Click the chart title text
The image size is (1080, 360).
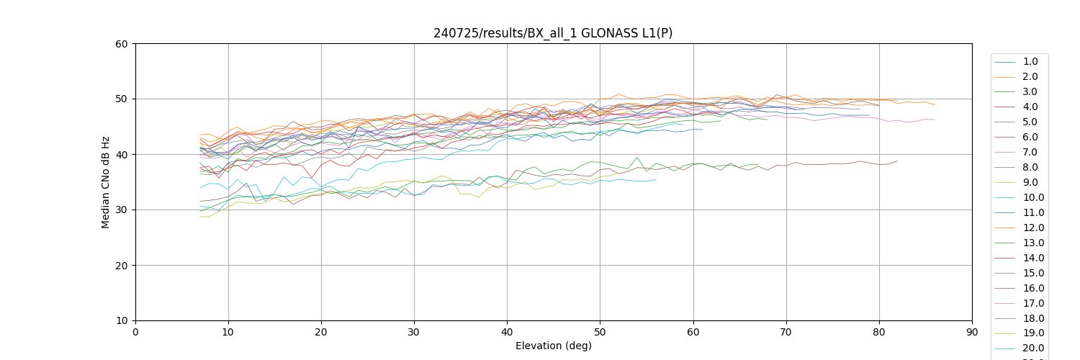pos(553,33)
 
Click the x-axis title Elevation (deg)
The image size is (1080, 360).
pos(553,346)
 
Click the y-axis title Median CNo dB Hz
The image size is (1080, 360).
pos(106,182)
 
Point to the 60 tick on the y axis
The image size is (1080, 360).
pos(122,44)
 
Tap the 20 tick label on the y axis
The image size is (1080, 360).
pos(122,266)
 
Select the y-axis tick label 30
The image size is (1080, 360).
pos(122,210)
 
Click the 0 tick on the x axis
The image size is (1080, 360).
pos(135,331)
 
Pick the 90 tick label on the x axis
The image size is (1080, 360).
pos(972,331)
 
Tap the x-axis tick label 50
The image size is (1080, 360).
pos(600,331)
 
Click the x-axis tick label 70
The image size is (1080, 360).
pos(786,331)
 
